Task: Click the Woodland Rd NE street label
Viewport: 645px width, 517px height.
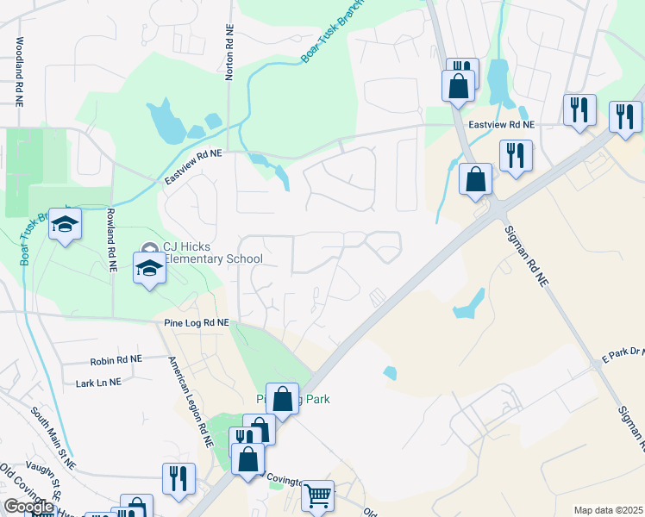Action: (18, 71)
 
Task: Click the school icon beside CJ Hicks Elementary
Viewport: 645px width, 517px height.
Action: (149, 268)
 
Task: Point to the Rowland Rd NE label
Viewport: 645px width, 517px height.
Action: (111, 240)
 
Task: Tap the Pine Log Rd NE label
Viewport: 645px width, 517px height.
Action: (196, 322)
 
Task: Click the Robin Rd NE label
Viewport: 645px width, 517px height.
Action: (116, 359)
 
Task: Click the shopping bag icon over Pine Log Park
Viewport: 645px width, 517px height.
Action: (282, 399)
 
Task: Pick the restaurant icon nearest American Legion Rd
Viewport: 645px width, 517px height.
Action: (178, 478)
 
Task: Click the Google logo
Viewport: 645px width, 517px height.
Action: (28, 507)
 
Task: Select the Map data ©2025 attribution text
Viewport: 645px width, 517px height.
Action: (607, 510)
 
